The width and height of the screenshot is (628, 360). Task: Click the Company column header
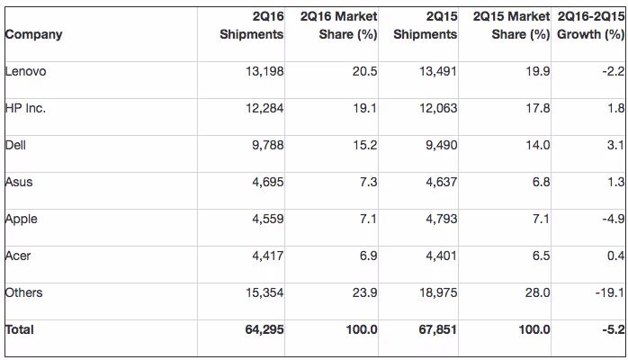click(33, 35)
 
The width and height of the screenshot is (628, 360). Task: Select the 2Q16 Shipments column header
click(252, 25)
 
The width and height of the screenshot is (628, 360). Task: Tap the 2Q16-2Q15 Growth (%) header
click(591, 25)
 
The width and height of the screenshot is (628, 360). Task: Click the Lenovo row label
click(25, 71)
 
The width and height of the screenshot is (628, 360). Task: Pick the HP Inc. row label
click(25, 108)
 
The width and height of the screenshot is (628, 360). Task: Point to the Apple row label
click(22, 220)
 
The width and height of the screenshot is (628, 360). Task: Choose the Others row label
click(23, 292)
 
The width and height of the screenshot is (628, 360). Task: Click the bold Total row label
click(19, 329)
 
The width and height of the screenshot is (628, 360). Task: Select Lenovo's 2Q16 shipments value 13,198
click(265, 71)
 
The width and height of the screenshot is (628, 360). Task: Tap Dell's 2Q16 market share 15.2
click(365, 145)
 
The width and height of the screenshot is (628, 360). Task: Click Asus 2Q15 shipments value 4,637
click(442, 182)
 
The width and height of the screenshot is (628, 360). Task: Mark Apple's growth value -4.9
click(614, 219)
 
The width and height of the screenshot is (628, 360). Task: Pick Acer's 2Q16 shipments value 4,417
click(268, 256)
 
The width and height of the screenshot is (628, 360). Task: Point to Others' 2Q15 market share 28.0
click(537, 292)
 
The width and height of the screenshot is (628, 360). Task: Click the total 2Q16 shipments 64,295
click(265, 329)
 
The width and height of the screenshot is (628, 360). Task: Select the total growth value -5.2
click(614, 329)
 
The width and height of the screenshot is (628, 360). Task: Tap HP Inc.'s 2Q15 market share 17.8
click(538, 108)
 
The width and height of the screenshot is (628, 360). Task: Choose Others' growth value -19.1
click(610, 292)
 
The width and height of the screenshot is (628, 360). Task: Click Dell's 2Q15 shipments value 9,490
click(442, 145)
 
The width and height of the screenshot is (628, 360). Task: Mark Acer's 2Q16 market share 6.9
click(369, 256)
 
